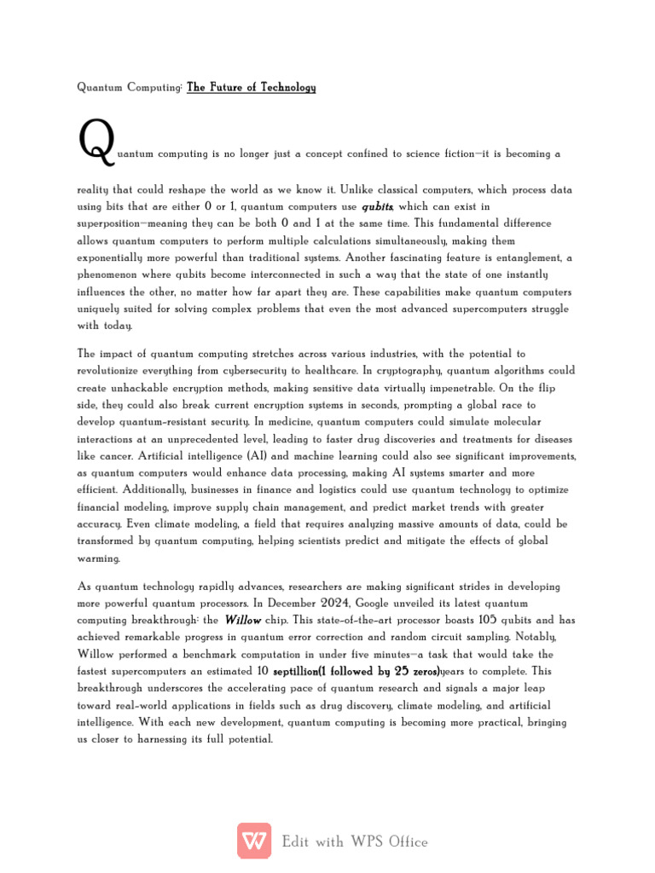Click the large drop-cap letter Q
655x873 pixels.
pyautogui.click(x=96, y=142)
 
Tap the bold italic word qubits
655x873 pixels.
pyautogui.click(x=377, y=206)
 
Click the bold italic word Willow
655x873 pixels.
pyautogui.click(x=243, y=621)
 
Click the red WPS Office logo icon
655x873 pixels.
pyautogui.click(x=254, y=841)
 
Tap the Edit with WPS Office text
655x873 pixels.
pyautogui.click(x=355, y=841)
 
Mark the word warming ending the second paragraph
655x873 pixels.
pyautogui.click(x=99, y=558)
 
